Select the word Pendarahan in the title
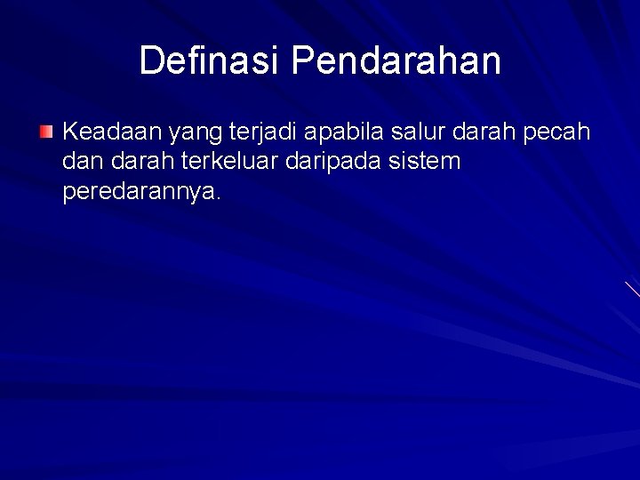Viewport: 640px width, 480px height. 396,60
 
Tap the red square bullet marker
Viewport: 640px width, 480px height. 46,133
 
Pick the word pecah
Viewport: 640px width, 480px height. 560,133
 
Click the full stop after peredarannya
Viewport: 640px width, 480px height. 217,199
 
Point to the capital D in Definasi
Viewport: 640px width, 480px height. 151,60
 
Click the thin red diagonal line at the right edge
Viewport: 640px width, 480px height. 632,288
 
